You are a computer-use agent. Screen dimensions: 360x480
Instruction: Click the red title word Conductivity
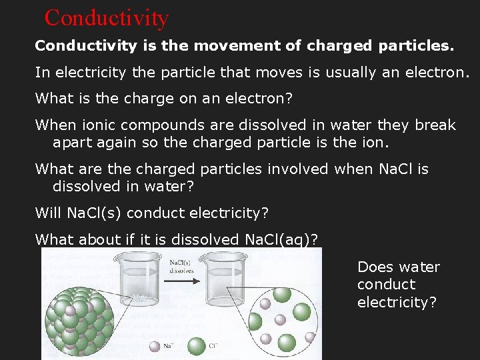tap(107, 17)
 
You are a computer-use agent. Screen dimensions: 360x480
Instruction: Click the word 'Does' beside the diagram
tap(375, 267)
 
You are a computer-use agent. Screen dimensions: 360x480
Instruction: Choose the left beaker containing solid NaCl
tap(143, 283)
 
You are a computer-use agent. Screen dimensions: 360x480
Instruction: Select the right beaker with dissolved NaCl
tap(228, 283)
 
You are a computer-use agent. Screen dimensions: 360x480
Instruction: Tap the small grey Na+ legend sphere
tap(155, 346)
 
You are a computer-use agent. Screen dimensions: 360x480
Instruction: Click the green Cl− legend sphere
tap(197, 346)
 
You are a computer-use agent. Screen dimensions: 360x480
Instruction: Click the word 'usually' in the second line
tap(351, 73)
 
